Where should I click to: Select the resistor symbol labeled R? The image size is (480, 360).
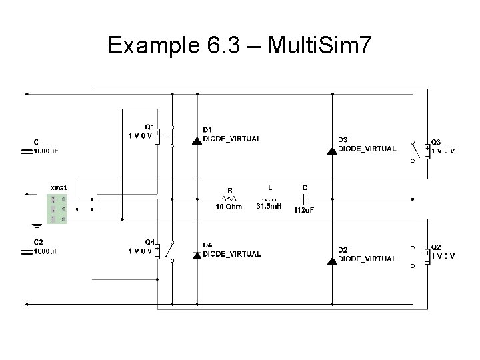[x=231, y=198]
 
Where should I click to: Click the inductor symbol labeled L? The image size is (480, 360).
[x=270, y=198]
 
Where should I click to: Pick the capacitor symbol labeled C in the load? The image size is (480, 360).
[x=305, y=198]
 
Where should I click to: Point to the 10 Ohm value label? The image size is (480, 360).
[x=229, y=207]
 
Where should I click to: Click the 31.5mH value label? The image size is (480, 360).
[x=270, y=207]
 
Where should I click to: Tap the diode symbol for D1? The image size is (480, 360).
[x=197, y=140]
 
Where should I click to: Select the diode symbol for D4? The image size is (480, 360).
[x=197, y=255]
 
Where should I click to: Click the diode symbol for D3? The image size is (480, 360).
[x=331, y=150]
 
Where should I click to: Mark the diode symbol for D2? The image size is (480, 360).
[x=331, y=260]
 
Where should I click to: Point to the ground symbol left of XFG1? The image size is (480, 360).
[x=34, y=225]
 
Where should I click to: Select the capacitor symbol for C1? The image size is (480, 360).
[x=27, y=152]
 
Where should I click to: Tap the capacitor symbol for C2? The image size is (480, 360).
[x=27, y=251]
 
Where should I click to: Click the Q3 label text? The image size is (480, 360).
[x=435, y=142]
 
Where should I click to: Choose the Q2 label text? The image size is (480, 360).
[x=435, y=247]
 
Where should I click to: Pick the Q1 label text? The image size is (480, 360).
[x=150, y=127]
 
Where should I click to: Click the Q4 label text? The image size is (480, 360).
[x=150, y=241]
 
